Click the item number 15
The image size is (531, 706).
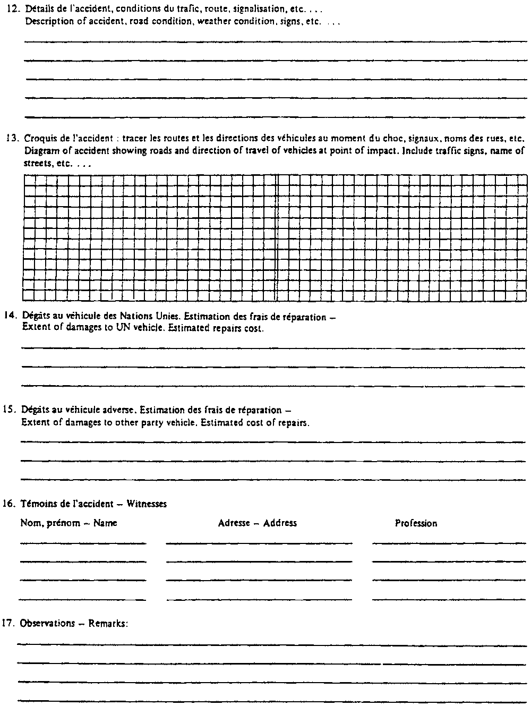pyautogui.click(x=11, y=411)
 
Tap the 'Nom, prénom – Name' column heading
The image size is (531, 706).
pyautogui.click(x=68, y=523)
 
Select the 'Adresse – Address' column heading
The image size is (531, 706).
pyautogui.click(x=258, y=523)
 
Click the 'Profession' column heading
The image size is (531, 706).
pyautogui.click(x=416, y=523)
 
